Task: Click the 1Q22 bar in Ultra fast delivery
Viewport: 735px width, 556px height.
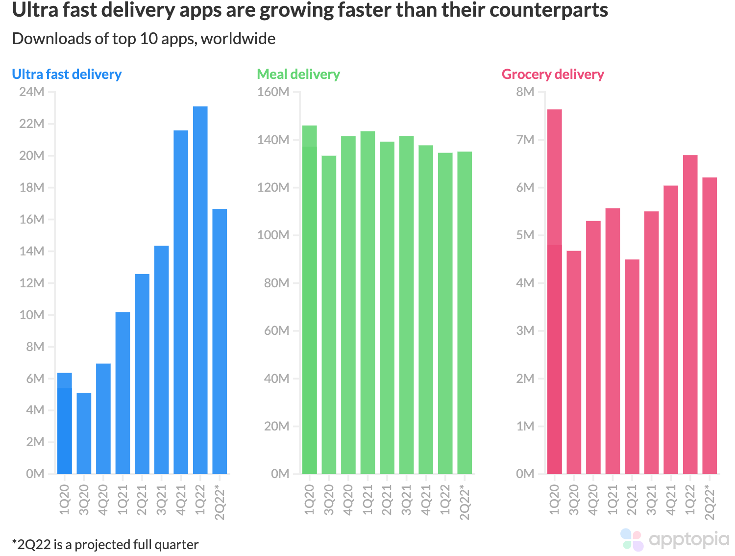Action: (200, 290)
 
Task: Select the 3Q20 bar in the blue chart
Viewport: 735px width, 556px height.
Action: (84, 433)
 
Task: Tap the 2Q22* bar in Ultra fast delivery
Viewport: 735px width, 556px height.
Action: (220, 341)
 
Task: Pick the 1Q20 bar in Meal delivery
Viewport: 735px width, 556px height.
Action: (309, 300)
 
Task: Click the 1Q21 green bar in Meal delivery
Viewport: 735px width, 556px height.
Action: (367, 303)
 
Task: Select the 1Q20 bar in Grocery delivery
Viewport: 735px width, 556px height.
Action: (554, 292)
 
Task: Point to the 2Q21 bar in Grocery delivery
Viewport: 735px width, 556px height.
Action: (632, 366)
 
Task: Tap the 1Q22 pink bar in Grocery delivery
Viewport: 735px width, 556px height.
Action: (690, 314)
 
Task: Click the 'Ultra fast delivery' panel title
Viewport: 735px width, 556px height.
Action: (67, 74)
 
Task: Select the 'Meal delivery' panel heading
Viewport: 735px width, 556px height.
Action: (298, 74)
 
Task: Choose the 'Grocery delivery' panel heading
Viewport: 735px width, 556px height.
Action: (552, 74)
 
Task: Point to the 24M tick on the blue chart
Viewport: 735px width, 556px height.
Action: (32, 92)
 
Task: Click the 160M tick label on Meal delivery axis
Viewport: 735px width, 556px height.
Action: (273, 92)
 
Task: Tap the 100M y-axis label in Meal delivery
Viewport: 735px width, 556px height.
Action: (273, 235)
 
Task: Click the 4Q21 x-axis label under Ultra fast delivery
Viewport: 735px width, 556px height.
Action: (181, 500)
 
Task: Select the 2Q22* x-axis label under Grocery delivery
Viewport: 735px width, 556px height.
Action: (710, 502)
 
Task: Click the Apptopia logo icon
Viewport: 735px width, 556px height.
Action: (632, 539)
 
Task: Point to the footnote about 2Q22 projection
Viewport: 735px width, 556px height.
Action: (105, 545)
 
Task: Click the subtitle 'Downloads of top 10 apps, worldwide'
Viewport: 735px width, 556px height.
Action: (144, 39)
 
